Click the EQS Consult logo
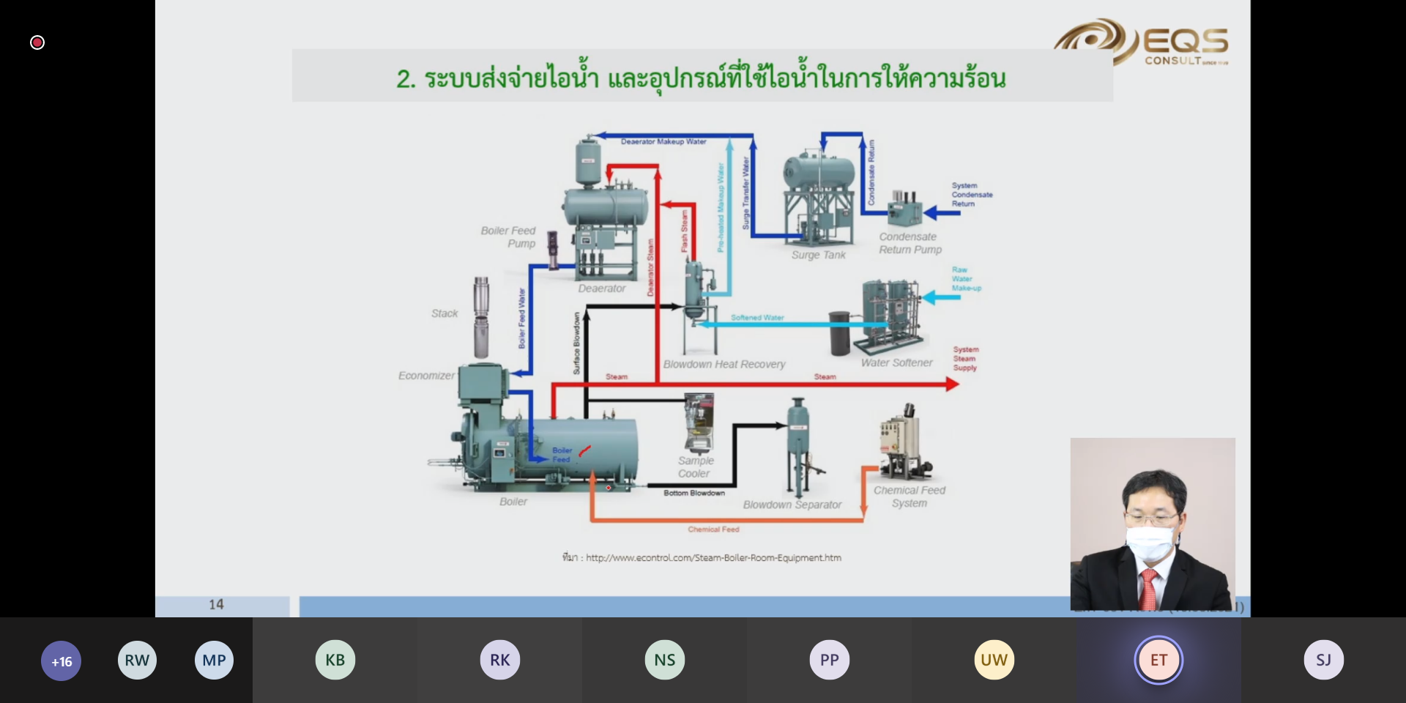pos(1142,42)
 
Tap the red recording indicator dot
pos(37,42)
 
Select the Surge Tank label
pos(818,255)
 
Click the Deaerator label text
pos(602,289)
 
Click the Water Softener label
pos(896,362)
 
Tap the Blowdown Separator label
pos(792,505)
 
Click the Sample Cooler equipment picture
pos(698,423)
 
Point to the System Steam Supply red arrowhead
pos(952,384)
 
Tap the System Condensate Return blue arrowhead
pos(930,213)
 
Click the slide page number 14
pos(216,605)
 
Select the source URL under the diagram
pos(713,558)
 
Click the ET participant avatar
pos(1158,660)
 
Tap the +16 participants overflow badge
pos(62,661)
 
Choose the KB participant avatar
pos(335,660)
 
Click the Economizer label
pos(426,376)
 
